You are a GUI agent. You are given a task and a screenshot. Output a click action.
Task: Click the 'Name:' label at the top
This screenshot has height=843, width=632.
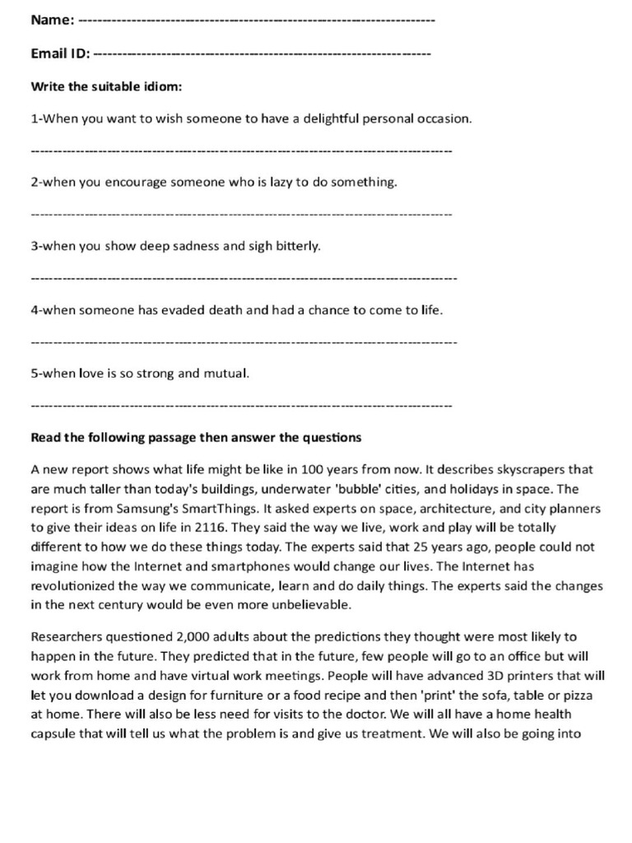[53, 20]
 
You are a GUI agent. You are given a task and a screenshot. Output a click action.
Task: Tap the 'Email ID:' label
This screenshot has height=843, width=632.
[60, 54]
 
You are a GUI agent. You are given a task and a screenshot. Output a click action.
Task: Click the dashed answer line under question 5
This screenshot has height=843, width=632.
[241, 406]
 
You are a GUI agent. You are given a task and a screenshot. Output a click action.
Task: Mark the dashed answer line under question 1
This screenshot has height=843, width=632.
[241, 151]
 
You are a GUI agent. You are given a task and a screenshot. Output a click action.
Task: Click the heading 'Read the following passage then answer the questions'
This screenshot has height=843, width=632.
[196, 437]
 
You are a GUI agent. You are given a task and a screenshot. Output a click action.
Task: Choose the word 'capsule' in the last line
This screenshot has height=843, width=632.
[53, 733]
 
